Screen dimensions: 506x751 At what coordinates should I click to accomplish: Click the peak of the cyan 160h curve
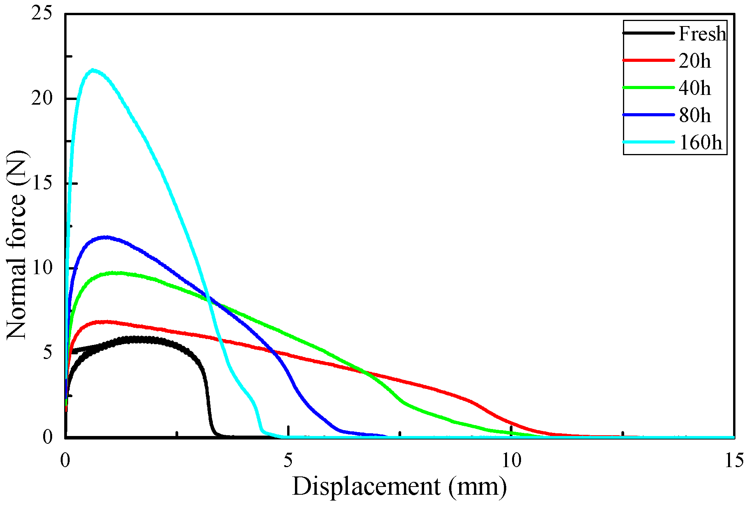(93, 70)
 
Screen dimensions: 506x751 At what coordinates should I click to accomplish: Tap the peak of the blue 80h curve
(105, 237)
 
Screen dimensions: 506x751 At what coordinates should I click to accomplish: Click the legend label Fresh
(702, 34)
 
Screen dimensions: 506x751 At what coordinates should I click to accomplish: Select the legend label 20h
(695, 61)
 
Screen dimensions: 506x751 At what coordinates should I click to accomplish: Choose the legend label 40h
(695, 88)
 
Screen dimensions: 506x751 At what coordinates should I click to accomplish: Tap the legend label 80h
(695, 116)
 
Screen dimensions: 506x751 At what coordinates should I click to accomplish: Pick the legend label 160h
(700, 143)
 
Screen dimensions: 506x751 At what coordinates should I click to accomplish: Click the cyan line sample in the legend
(649, 142)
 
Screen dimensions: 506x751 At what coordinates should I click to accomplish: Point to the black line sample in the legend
(649, 33)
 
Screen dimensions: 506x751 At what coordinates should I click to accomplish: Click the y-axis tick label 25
(42, 14)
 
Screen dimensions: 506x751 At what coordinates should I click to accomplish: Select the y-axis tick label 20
(42, 98)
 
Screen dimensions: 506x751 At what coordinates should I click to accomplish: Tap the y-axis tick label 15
(42, 183)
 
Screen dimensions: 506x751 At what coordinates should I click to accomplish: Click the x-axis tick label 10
(511, 461)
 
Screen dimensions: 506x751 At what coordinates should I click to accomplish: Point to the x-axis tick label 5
(288, 461)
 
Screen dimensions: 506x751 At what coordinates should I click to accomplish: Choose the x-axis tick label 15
(734, 461)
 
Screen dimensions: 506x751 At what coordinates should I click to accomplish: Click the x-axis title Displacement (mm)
(400, 487)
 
